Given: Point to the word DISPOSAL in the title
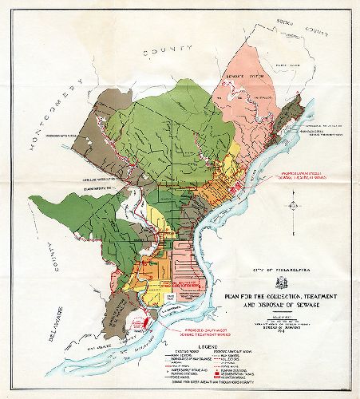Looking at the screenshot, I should (x=245, y=305).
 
